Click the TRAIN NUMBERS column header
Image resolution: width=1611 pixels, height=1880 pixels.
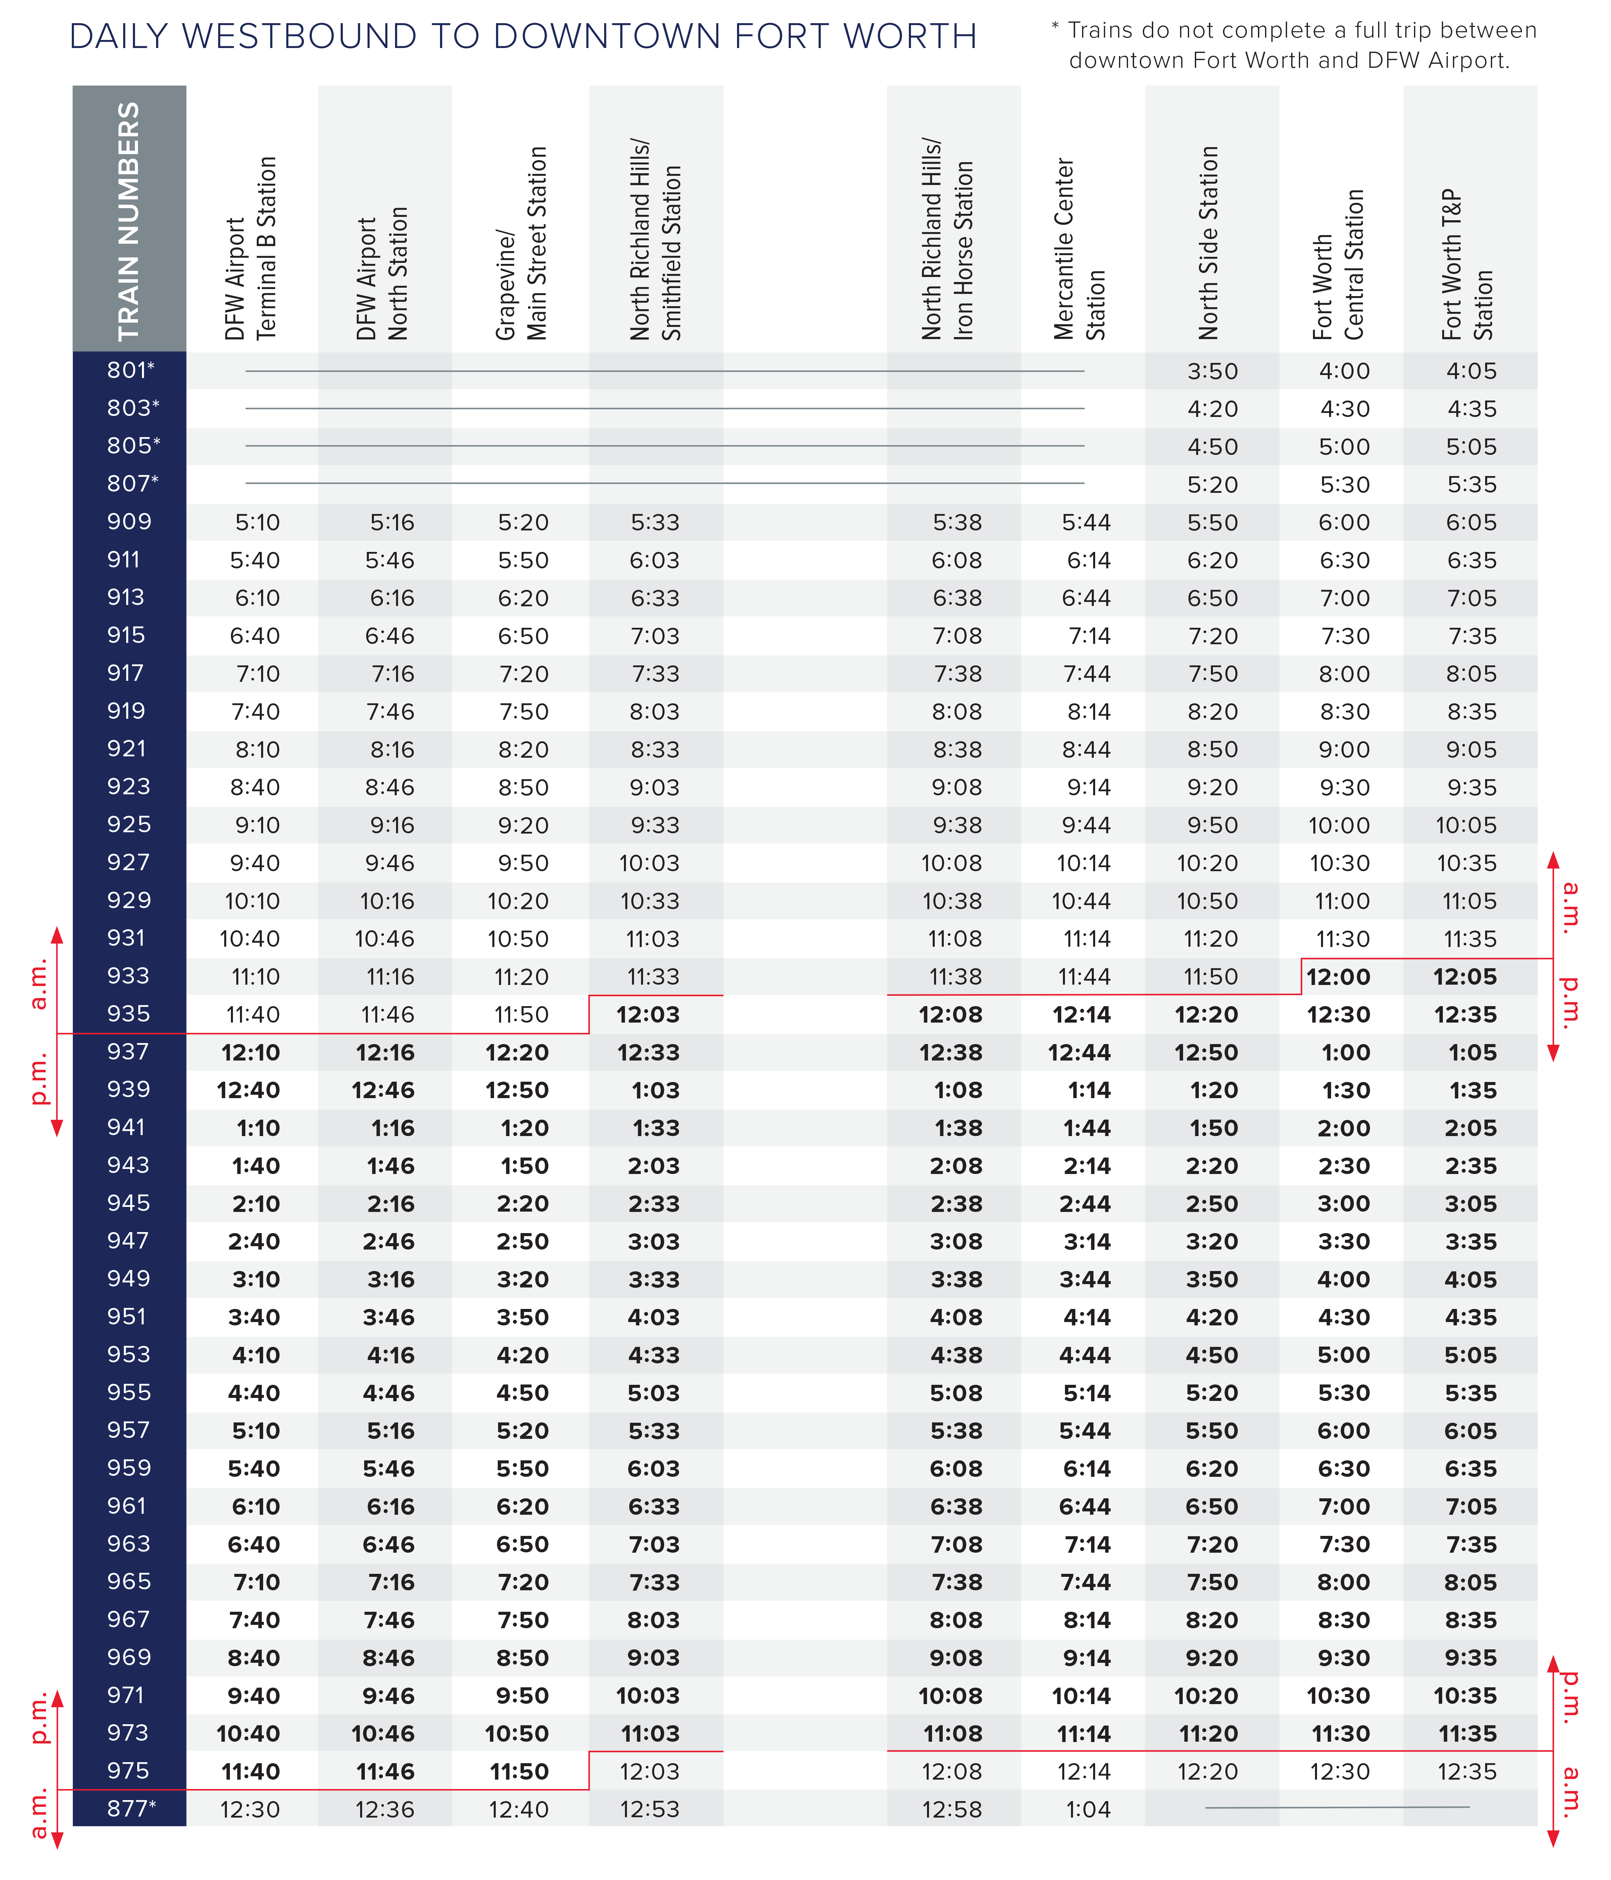129,221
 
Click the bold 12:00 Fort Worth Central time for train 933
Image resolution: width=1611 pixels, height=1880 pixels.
1338,977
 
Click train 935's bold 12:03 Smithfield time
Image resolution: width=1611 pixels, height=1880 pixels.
648,1015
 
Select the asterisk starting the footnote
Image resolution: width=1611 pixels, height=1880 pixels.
1055,27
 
